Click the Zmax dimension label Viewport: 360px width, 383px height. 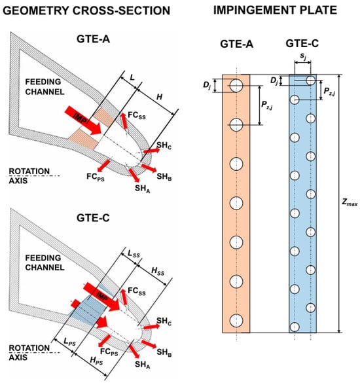point(350,202)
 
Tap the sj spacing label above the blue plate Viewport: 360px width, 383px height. point(303,56)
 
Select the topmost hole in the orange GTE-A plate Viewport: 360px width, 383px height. point(236,86)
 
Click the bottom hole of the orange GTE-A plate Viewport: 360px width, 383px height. point(236,320)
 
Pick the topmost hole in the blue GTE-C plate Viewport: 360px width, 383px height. point(311,81)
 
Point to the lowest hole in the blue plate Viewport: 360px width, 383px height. point(295,327)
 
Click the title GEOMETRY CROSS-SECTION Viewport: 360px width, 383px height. point(86,10)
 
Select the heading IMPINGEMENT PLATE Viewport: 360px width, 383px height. point(275,10)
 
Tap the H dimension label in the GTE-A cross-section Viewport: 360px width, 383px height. point(159,97)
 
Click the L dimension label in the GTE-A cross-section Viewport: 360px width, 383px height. point(132,77)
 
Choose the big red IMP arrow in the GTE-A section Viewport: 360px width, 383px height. point(83,120)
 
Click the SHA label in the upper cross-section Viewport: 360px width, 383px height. point(143,189)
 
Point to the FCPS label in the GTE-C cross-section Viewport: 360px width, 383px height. point(109,352)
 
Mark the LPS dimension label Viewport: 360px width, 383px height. point(69,342)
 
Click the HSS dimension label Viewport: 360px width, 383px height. point(158,271)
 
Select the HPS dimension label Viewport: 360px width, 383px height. point(96,361)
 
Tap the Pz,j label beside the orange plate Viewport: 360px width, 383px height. point(266,105)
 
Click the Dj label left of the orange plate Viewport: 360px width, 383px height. point(207,86)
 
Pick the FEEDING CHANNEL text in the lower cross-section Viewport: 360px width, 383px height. point(45,263)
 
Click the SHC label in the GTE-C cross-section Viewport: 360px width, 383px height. point(164,321)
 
